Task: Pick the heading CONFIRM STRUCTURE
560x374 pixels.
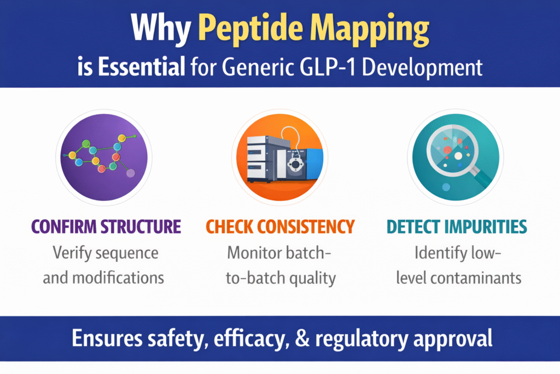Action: pos(106,226)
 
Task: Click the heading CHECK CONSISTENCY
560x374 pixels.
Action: pos(280,226)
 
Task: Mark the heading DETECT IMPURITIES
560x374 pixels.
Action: pos(456,226)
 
